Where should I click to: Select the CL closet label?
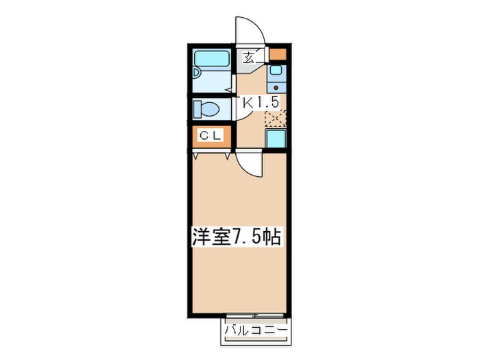pyautogui.click(x=211, y=136)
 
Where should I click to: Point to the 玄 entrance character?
pyautogui.click(x=248, y=58)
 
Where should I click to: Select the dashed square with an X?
pyautogui.click(x=276, y=118)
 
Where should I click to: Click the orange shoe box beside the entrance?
pyautogui.click(x=278, y=55)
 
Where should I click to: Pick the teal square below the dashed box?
pyautogui.click(x=276, y=140)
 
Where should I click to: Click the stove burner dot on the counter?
pyautogui.click(x=276, y=87)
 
